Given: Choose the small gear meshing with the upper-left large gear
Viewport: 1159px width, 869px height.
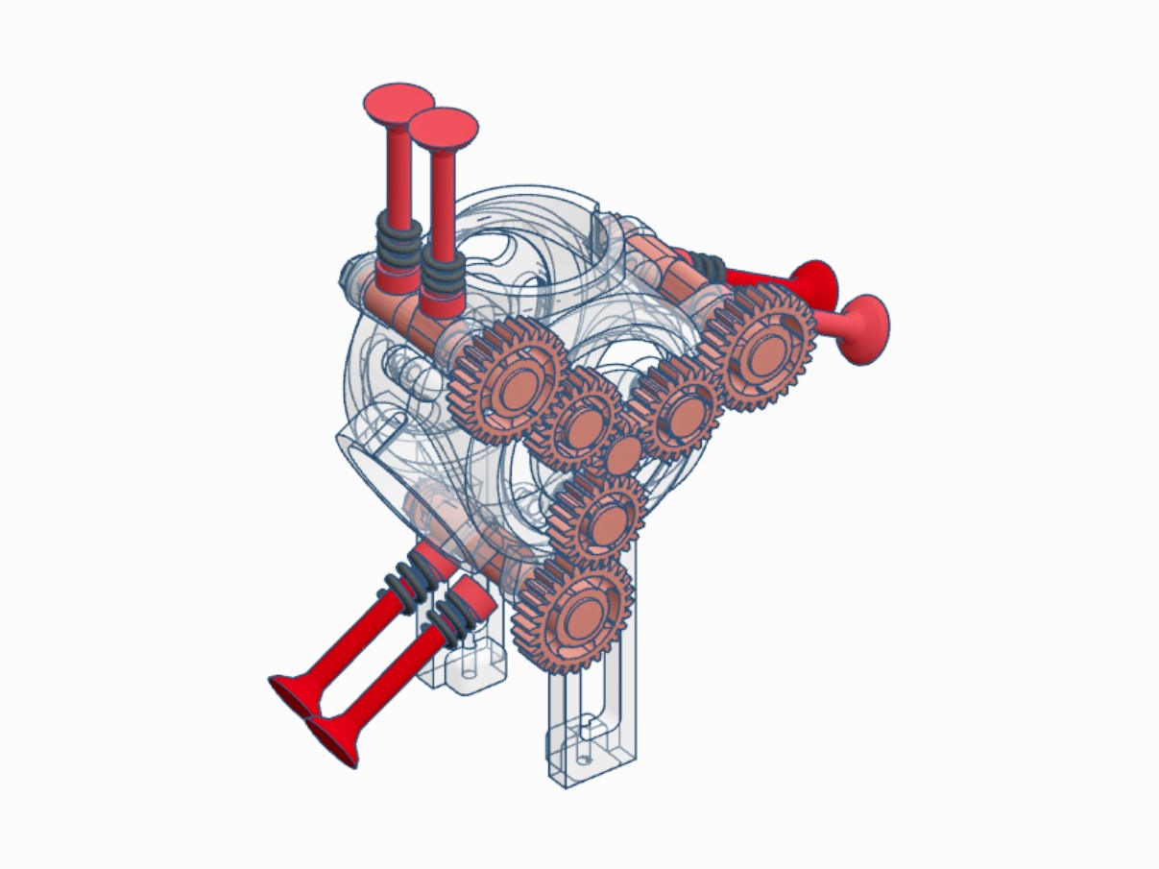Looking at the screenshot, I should (x=579, y=421).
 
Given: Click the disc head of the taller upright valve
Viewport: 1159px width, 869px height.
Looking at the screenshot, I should (x=398, y=103).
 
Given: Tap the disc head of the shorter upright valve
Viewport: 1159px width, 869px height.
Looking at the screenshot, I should (x=443, y=125).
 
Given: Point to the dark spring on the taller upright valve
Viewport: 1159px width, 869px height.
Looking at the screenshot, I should (x=397, y=239).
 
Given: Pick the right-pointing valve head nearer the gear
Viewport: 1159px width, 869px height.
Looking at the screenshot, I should (x=815, y=283).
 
